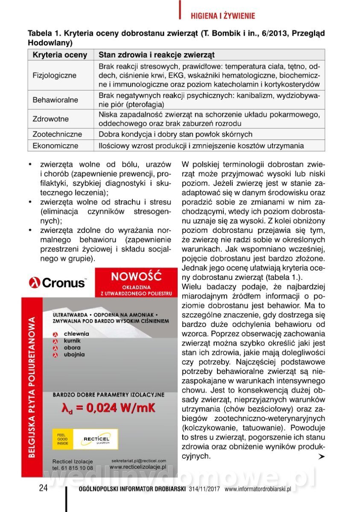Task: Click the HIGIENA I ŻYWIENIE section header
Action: tap(222, 16)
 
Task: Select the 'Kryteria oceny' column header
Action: tap(60, 55)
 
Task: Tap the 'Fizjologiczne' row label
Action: tap(55, 75)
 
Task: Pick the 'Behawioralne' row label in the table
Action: tap(56, 100)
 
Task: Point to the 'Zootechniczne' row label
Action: tap(57, 134)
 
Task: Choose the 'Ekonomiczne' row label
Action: tap(56, 145)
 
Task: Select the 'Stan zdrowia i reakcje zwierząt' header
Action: tap(156, 55)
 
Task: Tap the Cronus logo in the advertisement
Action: tap(57, 282)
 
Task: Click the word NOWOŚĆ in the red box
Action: tap(136, 276)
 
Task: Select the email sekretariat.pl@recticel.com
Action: tap(138, 461)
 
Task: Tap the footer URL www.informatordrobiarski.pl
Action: tap(258, 489)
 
